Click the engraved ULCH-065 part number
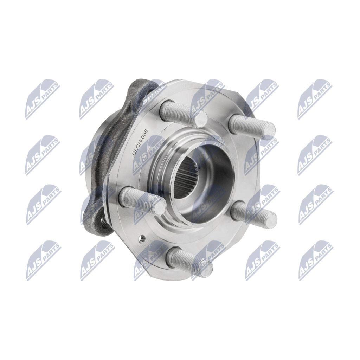tap(140, 143)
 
